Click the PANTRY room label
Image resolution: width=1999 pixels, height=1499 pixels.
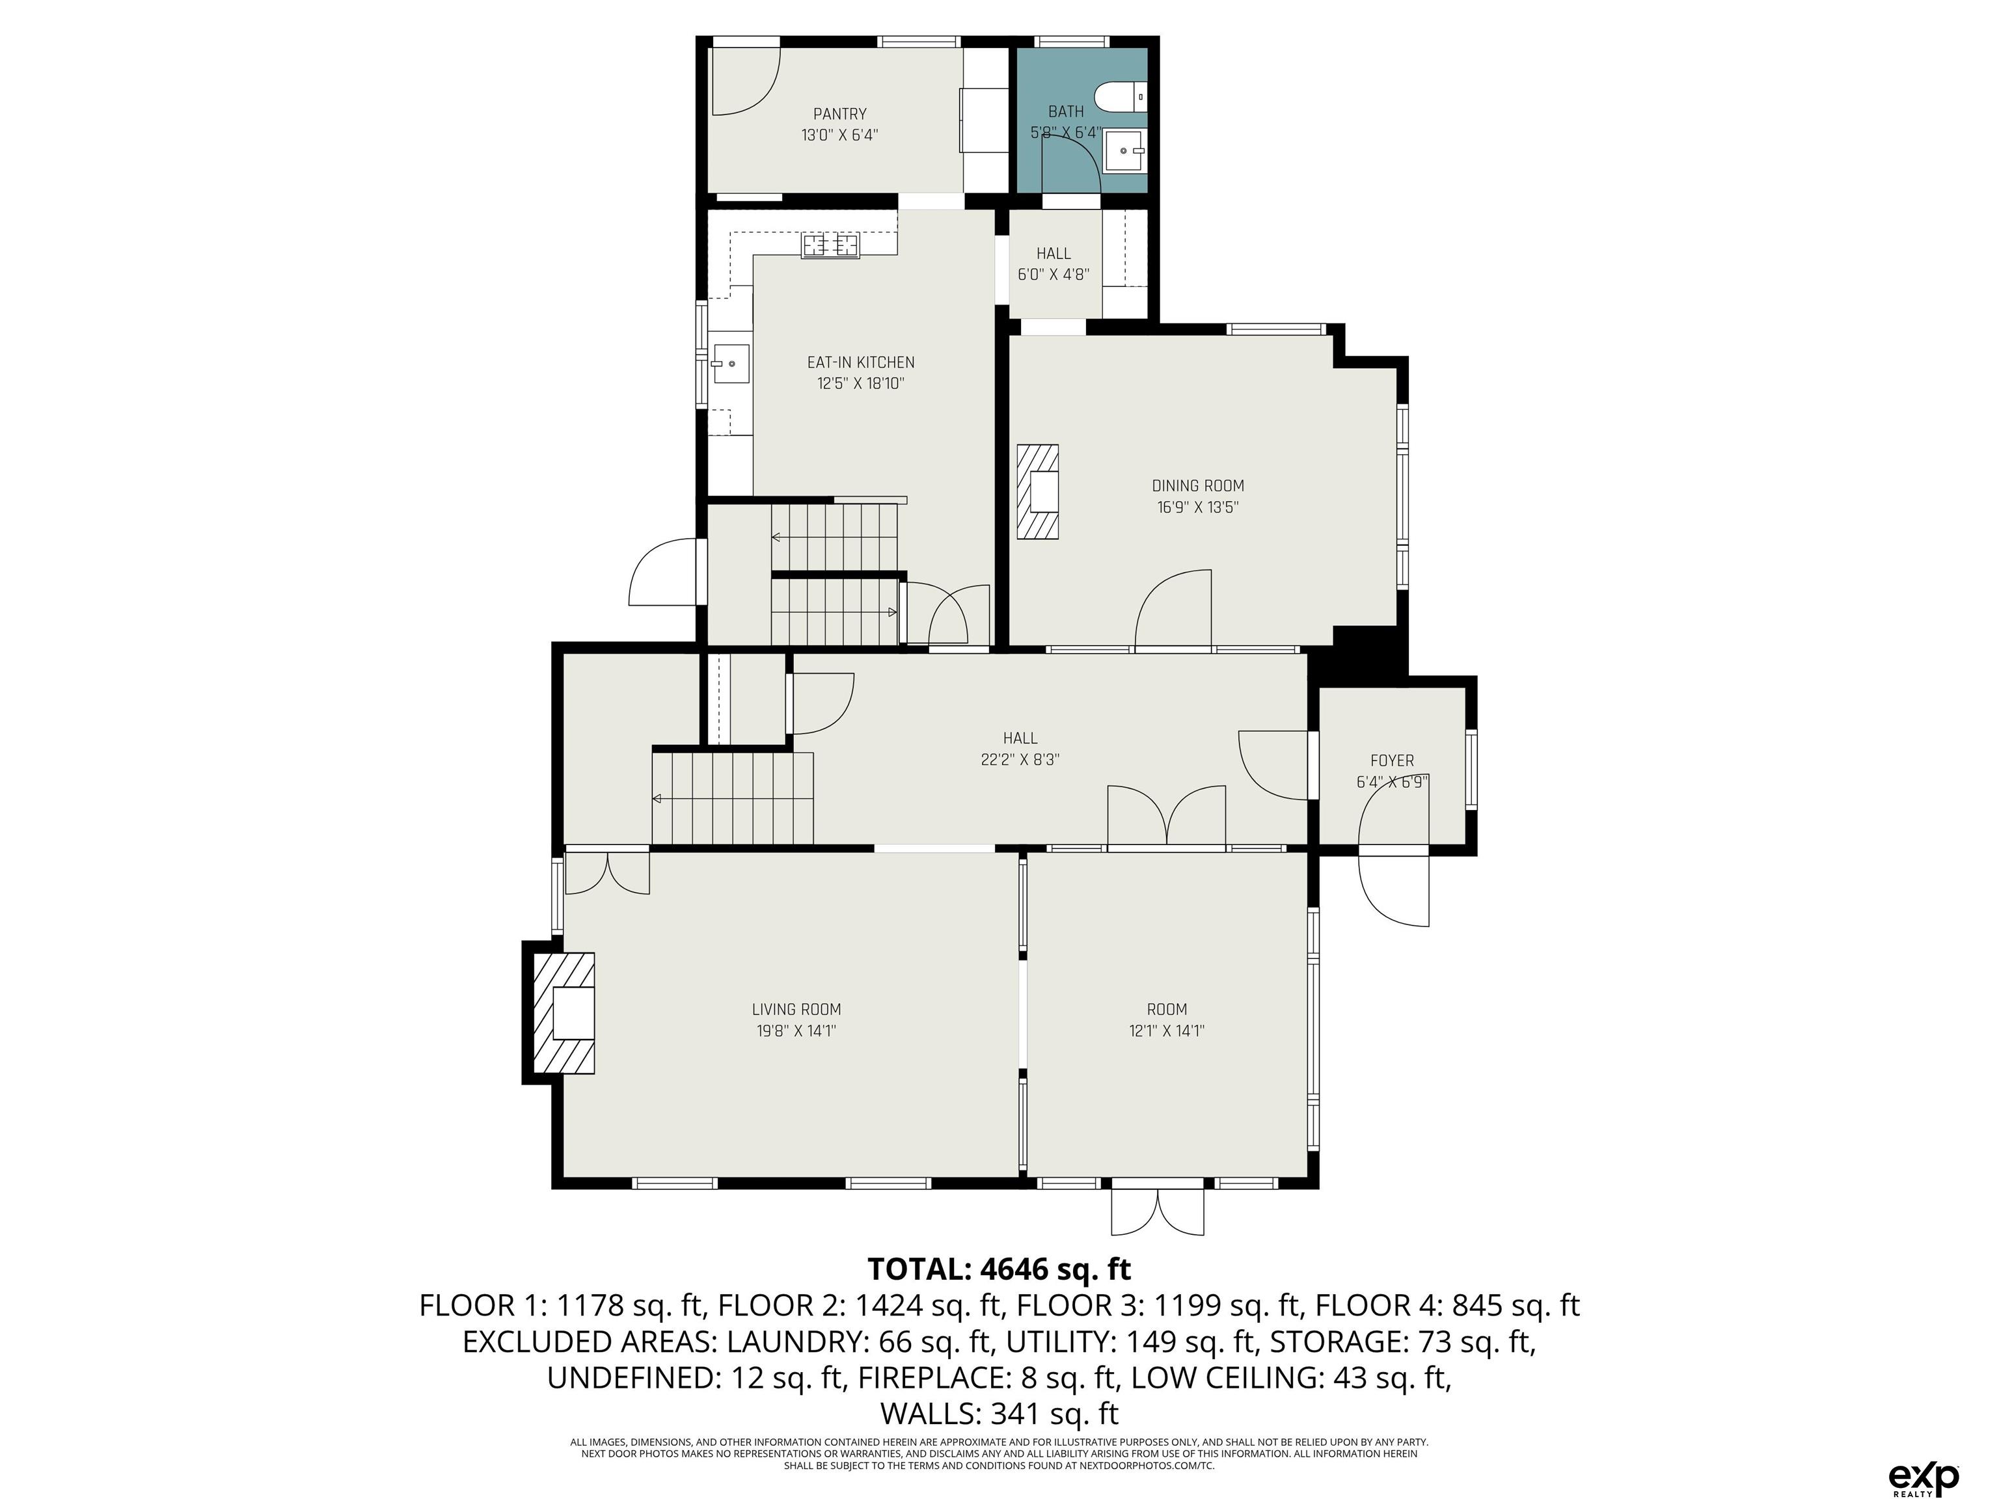[839, 114]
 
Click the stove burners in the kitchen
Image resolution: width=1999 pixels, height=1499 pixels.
[830, 244]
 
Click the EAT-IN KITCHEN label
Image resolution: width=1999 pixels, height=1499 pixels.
[860, 362]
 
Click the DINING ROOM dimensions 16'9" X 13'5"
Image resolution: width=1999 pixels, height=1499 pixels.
[1197, 507]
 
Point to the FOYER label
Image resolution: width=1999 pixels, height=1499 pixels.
[1392, 761]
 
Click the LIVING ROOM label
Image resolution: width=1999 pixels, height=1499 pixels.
[796, 1009]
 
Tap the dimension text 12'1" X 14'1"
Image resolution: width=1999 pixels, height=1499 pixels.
[1167, 1031]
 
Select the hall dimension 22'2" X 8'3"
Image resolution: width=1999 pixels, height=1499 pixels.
[1020, 760]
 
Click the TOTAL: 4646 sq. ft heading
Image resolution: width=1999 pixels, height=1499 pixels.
[999, 1269]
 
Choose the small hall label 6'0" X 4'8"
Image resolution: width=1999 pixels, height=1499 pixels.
[1054, 275]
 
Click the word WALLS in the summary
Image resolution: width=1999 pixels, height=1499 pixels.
[931, 1412]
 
